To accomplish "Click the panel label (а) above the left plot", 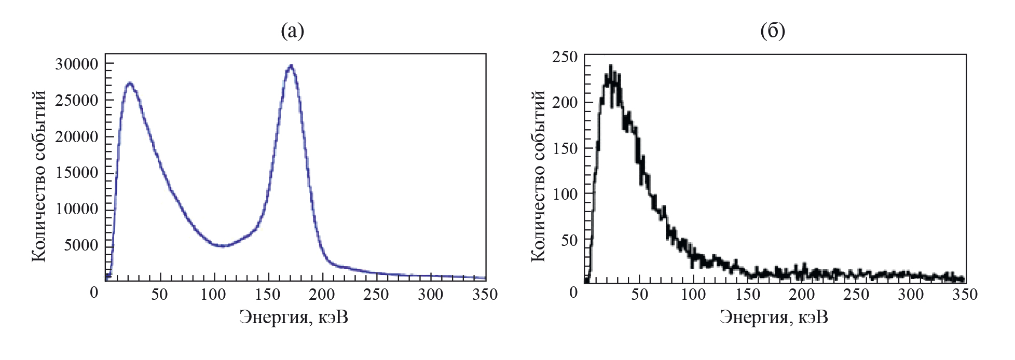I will (x=292, y=31).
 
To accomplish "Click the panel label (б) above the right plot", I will (x=772, y=31).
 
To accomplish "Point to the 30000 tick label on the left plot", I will (x=76, y=64).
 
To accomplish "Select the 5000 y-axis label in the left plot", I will (x=81, y=245).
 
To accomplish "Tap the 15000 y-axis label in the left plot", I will (x=76, y=173).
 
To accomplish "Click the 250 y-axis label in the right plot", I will (x=565, y=57).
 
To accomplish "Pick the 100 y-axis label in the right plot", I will (x=565, y=195).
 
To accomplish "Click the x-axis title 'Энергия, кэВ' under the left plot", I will (x=293, y=317).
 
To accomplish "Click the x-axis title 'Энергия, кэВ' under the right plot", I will (x=773, y=317).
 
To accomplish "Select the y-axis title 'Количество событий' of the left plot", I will (x=39, y=176).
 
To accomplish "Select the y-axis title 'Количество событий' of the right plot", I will (x=538, y=176).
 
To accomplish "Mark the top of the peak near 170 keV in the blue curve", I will (x=291, y=66).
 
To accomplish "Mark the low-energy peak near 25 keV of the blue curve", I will (x=130, y=83).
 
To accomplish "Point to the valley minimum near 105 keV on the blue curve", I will (x=222, y=246).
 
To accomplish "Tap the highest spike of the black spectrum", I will (x=611, y=66).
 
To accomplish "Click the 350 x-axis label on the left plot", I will (x=485, y=295).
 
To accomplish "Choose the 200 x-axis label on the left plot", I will (x=322, y=295).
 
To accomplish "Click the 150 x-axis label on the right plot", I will (x=747, y=295).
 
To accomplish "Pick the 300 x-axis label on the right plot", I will (x=911, y=295).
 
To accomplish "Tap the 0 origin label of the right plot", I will (x=573, y=293).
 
